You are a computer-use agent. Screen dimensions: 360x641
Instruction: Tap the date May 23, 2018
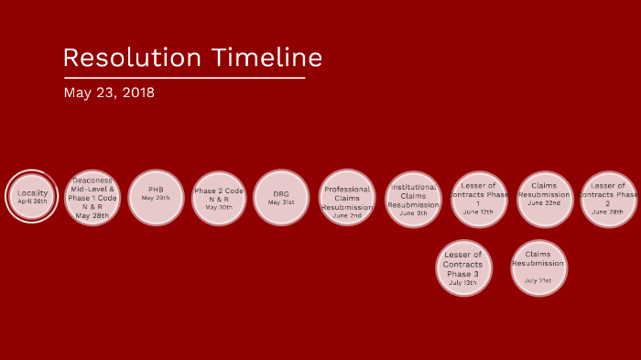point(109,93)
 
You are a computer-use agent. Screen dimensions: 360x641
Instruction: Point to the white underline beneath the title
point(183,78)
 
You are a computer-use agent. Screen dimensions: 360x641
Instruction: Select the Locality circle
point(32,197)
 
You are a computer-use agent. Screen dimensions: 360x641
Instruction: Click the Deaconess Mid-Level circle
point(92,198)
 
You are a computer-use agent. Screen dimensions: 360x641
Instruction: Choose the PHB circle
point(156,197)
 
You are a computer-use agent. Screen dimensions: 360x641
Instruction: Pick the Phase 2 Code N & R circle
point(219,198)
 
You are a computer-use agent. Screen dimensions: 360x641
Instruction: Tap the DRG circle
point(281,198)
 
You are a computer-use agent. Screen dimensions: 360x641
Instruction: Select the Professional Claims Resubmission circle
point(347,198)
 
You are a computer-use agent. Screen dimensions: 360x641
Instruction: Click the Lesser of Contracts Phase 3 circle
point(462,267)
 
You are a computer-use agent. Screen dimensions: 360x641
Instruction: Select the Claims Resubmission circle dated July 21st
point(538,267)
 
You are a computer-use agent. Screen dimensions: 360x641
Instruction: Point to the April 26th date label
point(32,202)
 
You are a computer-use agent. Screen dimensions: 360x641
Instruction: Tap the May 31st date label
point(281,202)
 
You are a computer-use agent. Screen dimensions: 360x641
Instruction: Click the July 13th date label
point(462,283)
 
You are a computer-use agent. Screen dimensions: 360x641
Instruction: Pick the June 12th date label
point(478,213)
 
